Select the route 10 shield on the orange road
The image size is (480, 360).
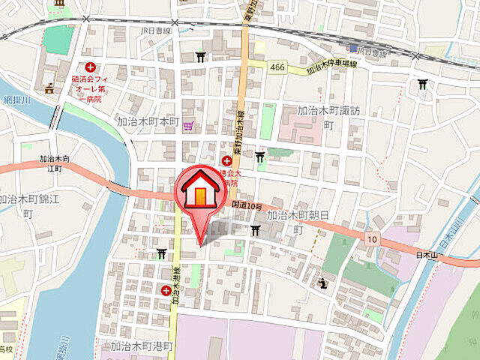pyautogui.click(x=372, y=238)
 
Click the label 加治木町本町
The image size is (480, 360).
pyautogui.click(x=148, y=121)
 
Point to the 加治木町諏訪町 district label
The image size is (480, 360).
pyautogui.click(x=328, y=117)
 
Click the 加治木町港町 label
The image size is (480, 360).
pyautogui.click(x=141, y=346)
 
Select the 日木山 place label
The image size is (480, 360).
pyautogui.click(x=430, y=256)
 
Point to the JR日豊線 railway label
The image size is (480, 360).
pyautogui.click(x=156, y=31)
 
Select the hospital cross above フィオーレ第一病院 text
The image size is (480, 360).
pyautogui.click(x=90, y=67)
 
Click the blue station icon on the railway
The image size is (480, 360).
pyautogui.click(x=352, y=46)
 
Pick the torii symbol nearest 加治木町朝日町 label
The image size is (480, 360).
pyautogui.click(x=256, y=229)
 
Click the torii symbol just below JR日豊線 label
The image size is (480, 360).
pyautogui.click(x=200, y=56)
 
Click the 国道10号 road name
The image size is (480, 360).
pyautogui.click(x=247, y=205)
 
